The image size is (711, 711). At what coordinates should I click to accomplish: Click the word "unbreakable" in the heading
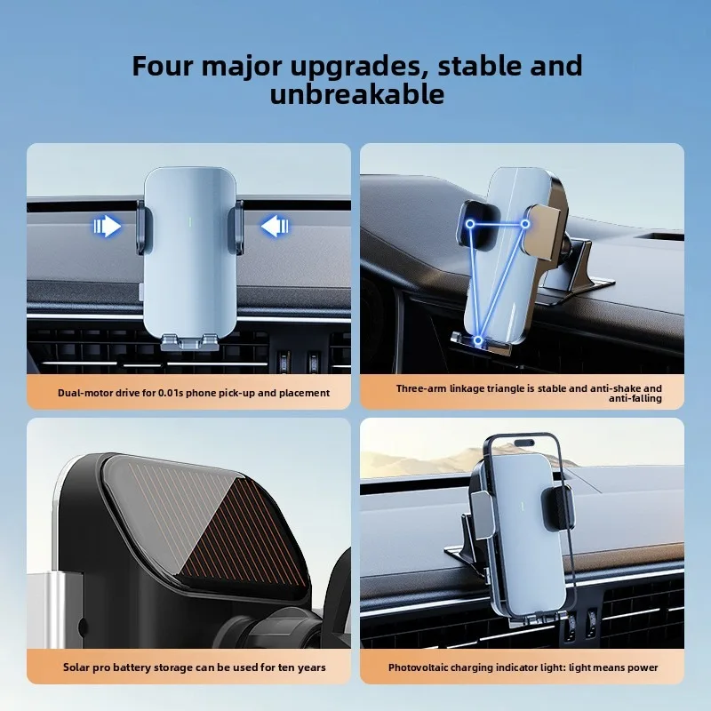pyautogui.click(x=357, y=95)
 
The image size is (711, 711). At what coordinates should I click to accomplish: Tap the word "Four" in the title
pyautogui.click(x=163, y=66)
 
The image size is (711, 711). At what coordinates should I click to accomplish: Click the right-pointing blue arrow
pyautogui.click(x=108, y=226)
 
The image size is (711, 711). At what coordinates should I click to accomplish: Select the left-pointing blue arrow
pyautogui.click(x=275, y=226)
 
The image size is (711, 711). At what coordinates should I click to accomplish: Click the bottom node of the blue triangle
pyautogui.click(x=478, y=340)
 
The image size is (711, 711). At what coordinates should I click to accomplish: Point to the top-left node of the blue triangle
pyautogui.click(x=470, y=224)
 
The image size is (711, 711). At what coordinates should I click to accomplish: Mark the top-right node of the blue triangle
pyautogui.click(x=525, y=224)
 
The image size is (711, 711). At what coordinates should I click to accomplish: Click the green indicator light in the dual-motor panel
pyautogui.click(x=189, y=221)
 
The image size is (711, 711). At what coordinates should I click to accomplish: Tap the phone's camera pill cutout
pyautogui.click(x=523, y=443)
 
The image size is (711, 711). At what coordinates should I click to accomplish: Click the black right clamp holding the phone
pyautogui.click(x=557, y=507)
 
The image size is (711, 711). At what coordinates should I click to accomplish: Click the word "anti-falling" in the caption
pyautogui.click(x=635, y=398)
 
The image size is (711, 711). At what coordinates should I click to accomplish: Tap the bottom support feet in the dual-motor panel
pyautogui.click(x=189, y=342)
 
